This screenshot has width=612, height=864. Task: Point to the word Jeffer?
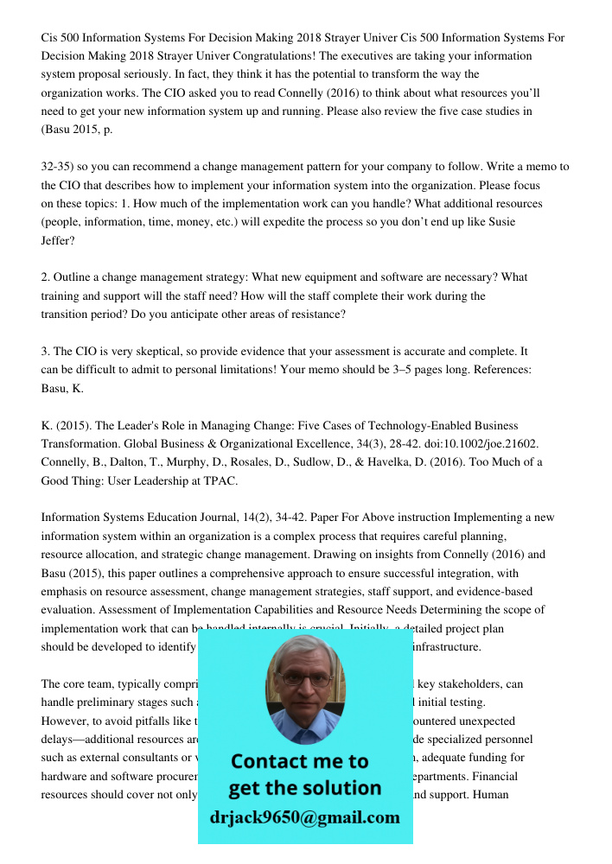point(58,240)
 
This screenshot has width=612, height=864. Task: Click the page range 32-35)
point(61,167)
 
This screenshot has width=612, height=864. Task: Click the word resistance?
point(315,314)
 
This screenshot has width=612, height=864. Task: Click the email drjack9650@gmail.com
point(305,816)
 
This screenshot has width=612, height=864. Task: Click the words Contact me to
point(300,761)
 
